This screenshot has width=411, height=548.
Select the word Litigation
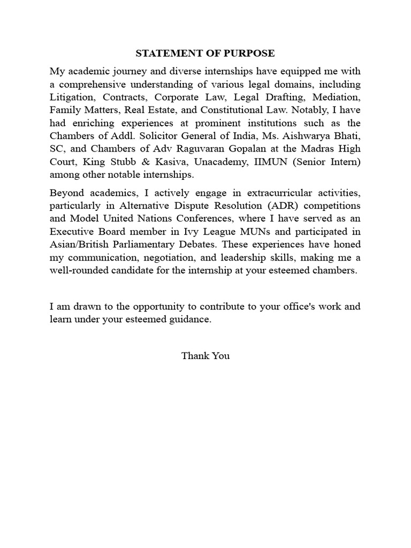tap(72, 98)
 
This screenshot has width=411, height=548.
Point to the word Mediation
tap(338, 98)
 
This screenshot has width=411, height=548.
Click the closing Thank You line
tap(205, 356)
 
